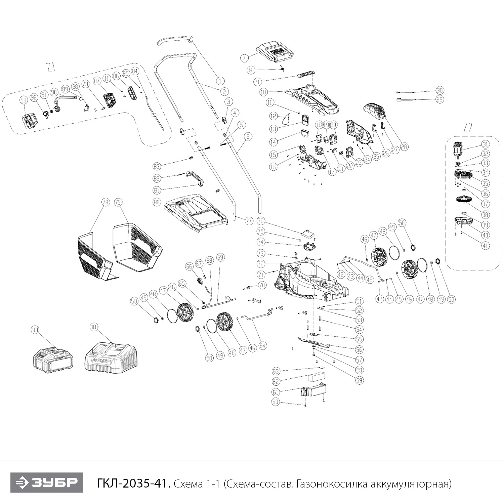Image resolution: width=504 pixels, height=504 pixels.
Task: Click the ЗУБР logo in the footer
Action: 46,483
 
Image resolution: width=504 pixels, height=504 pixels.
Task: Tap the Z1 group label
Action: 51,68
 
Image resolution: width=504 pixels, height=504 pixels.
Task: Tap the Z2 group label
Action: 467,128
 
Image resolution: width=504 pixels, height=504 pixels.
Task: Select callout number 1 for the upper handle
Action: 220,81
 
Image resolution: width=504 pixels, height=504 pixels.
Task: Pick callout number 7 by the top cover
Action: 245,58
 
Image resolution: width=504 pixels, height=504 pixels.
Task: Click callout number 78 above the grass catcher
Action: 106,202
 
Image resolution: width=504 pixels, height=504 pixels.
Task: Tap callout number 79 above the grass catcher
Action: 118,202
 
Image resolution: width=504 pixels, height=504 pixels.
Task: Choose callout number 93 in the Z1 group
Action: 23,100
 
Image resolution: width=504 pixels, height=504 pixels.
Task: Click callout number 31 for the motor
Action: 485,144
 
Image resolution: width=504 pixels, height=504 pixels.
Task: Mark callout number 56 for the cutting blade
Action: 359,349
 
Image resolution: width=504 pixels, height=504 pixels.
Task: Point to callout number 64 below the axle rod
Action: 262,345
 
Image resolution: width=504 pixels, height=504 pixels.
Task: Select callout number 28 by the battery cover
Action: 404,146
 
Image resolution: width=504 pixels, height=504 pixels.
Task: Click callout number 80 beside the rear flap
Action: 157,202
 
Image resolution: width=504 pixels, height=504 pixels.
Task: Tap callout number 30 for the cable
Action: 440,90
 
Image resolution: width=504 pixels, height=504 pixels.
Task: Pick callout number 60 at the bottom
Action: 276,402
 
